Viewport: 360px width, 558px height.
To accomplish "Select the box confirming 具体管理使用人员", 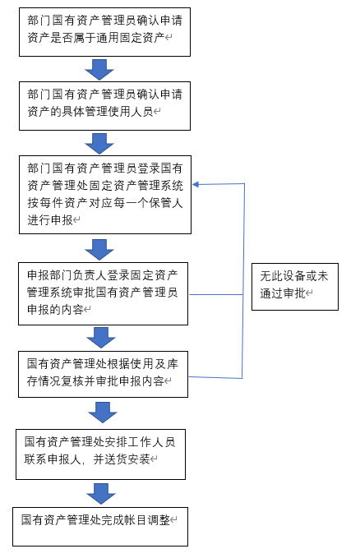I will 104,104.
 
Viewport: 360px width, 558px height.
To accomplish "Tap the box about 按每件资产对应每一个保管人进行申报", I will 104,193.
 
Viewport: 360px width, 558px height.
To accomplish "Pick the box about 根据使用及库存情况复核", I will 104,373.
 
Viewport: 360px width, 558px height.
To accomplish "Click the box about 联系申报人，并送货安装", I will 101,454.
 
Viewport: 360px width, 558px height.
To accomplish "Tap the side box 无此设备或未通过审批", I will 294,286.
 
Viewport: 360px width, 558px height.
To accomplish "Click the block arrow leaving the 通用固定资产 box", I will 99,69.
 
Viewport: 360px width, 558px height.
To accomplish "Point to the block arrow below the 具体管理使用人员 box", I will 99,143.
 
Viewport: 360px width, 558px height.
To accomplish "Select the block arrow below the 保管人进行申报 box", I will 99,249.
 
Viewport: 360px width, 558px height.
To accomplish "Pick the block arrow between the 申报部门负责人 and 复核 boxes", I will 99,338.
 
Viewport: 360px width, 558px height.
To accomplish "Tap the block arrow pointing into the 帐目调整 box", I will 101,493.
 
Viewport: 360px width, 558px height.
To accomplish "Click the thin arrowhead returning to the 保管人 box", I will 197,184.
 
